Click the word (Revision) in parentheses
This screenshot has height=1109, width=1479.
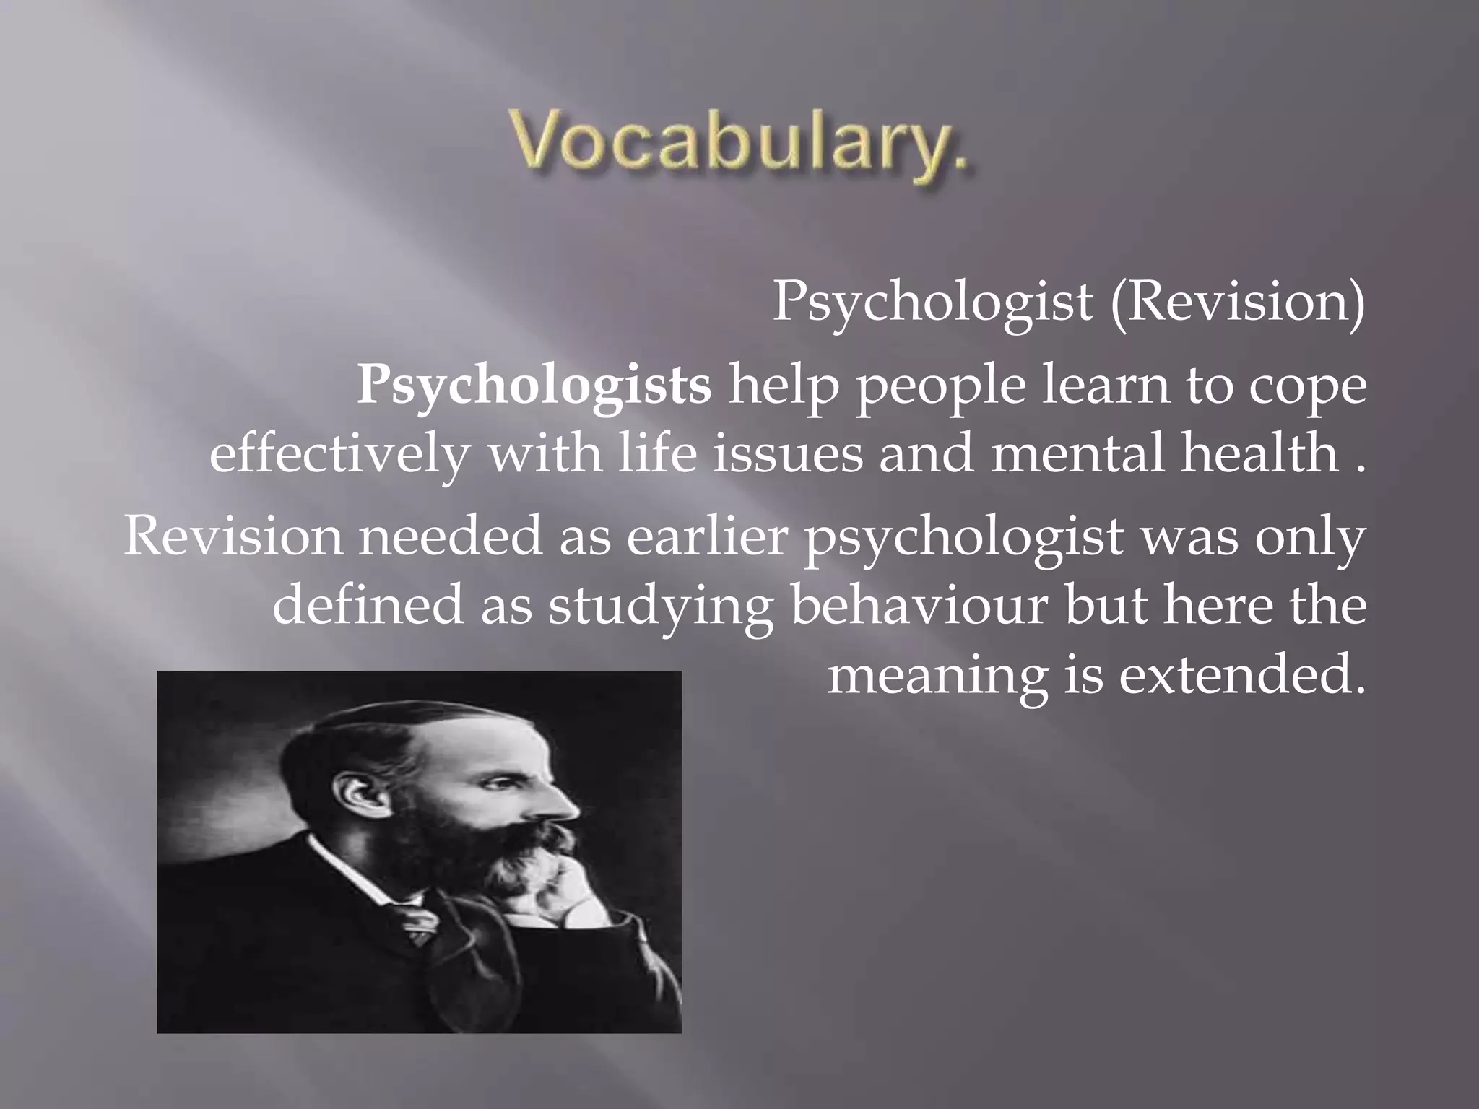[x=1238, y=302]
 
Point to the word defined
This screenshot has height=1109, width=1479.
[x=368, y=605]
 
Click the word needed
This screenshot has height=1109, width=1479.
[x=450, y=538]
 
